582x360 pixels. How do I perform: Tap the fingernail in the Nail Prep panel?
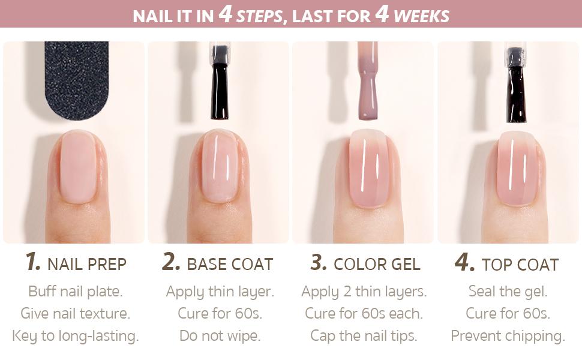click(78, 167)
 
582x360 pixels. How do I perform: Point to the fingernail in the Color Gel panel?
click(368, 168)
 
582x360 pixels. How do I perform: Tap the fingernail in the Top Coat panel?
click(517, 168)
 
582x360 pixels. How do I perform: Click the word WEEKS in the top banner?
click(421, 16)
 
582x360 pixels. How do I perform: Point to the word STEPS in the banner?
click(259, 16)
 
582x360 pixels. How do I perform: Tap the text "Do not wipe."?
click(220, 335)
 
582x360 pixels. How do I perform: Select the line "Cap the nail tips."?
click(364, 335)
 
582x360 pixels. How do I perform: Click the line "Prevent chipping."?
click(508, 335)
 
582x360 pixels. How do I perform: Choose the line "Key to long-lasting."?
click(76, 335)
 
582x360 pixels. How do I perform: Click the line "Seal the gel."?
click(508, 292)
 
